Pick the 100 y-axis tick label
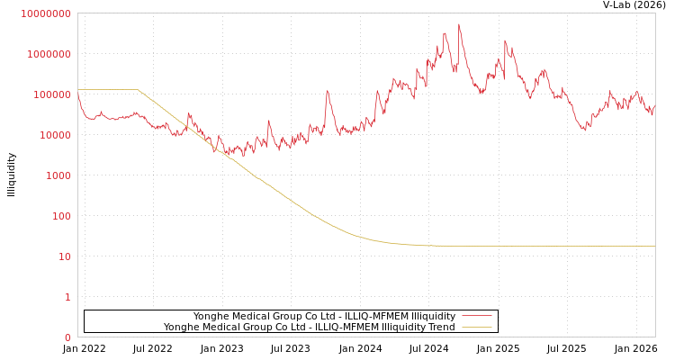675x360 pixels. click(60, 216)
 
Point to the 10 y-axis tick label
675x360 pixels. click(64, 256)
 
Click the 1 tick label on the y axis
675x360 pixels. click(67, 297)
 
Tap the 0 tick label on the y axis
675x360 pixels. click(67, 337)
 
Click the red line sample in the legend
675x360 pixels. click(476, 316)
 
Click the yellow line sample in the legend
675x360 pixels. click(476, 327)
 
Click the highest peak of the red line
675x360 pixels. click(459, 24)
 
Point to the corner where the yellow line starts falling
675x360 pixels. click(138, 90)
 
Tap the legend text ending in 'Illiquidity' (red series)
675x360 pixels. click(324, 316)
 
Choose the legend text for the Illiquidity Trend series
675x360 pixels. click(309, 327)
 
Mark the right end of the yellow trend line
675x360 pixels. click(654, 246)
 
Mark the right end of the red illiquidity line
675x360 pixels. click(654, 105)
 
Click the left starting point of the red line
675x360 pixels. click(78, 94)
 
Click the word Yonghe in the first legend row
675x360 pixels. click(212, 316)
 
